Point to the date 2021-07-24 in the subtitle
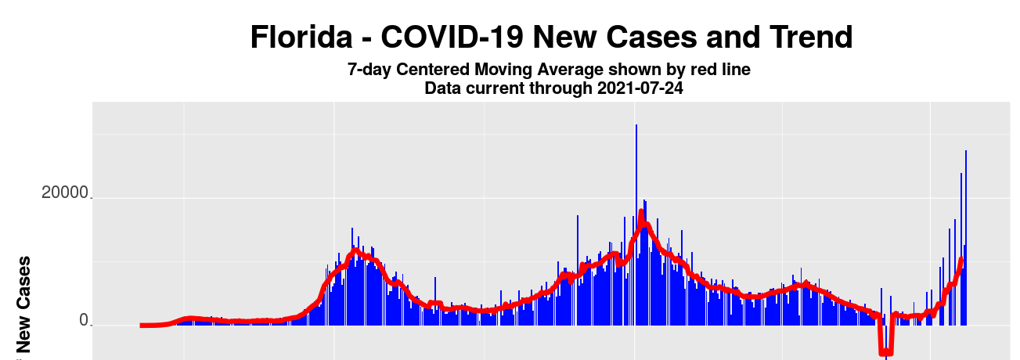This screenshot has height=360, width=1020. click(x=640, y=88)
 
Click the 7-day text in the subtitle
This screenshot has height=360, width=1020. click(x=369, y=70)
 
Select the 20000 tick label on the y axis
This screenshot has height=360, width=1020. click(x=66, y=193)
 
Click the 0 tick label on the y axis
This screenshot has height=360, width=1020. click(x=84, y=321)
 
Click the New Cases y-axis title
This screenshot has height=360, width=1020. click(x=24, y=304)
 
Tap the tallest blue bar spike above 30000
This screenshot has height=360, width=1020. click(x=636, y=126)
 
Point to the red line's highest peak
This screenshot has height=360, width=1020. click(x=641, y=212)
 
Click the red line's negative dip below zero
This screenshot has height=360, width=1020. click(x=885, y=352)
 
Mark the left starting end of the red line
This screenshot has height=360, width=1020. click(x=142, y=325)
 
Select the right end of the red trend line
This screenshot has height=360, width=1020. click(x=961, y=259)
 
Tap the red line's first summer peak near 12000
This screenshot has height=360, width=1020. click(x=355, y=250)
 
